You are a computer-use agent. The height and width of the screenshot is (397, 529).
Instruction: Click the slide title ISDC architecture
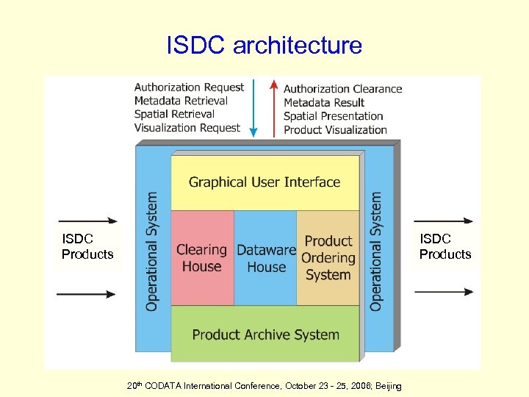click(264, 46)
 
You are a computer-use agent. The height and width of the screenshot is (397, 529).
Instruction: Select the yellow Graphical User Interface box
click(264, 182)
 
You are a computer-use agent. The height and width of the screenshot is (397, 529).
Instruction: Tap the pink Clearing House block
click(201, 258)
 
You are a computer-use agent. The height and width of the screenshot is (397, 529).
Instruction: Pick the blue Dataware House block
click(266, 258)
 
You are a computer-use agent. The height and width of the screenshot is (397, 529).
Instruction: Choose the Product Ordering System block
click(328, 258)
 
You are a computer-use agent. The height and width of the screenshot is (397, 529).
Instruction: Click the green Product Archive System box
click(265, 335)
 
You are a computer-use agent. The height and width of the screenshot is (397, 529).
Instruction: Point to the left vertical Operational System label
click(152, 251)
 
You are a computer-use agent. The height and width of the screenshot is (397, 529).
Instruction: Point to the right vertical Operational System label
click(376, 251)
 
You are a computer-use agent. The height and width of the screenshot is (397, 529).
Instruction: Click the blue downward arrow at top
click(253, 107)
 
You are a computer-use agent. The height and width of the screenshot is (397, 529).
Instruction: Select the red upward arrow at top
click(275, 107)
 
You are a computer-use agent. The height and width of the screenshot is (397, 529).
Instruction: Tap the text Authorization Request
click(189, 87)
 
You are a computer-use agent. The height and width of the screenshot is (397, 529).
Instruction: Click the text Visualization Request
click(187, 128)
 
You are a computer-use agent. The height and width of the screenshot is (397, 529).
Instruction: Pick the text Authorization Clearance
click(343, 89)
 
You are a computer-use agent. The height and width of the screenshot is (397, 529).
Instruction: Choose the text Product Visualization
click(335, 129)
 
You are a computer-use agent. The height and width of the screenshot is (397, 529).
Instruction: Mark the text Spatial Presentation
click(334, 116)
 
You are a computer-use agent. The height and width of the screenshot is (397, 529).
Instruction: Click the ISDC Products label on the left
click(87, 246)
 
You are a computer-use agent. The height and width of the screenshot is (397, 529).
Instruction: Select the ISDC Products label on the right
click(445, 246)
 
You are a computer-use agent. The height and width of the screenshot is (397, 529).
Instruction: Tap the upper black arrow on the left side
click(87, 220)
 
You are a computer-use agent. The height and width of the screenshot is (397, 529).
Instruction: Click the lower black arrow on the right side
click(444, 292)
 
